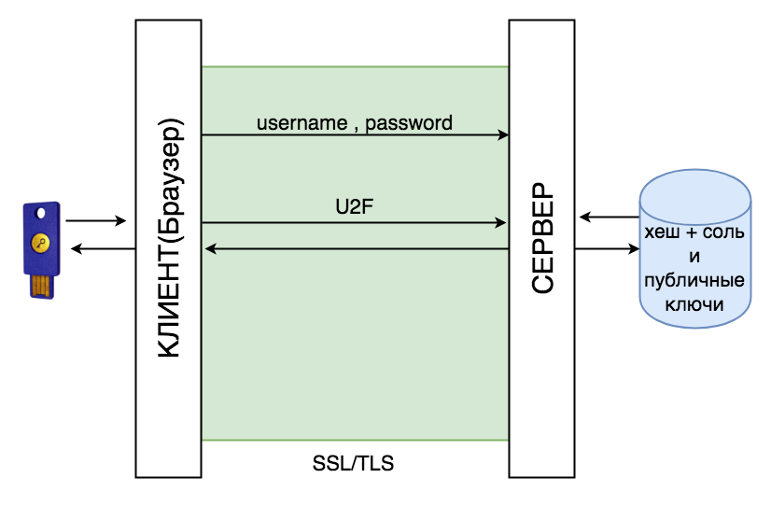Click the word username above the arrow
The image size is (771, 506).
[x=301, y=123]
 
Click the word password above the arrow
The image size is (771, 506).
[x=409, y=123]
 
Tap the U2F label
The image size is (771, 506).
[x=354, y=207]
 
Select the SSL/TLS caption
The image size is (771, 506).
[x=353, y=463]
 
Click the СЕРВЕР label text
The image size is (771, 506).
[x=542, y=238]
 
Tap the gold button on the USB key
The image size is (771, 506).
[x=40, y=243]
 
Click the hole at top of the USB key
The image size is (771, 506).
[x=41, y=213]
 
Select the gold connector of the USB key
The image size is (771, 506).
[x=42, y=287]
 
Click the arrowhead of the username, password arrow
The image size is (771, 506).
[x=503, y=134]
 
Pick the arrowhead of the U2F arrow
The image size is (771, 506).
[x=500, y=223]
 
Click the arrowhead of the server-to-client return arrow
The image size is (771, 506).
[x=210, y=249]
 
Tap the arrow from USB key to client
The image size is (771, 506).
[x=96, y=220]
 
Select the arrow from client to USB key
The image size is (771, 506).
[x=104, y=249]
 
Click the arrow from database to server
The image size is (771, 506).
[x=610, y=217]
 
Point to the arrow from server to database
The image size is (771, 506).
[x=608, y=249]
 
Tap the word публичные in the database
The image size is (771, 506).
[x=694, y=281]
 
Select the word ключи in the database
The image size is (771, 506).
[x=694, y=305]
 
